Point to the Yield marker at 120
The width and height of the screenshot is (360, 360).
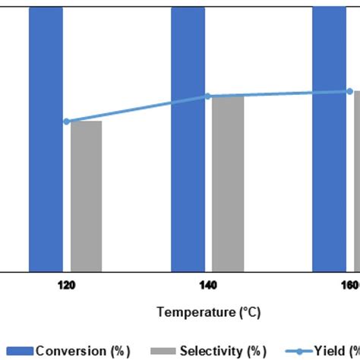pyautogui.click(x=66, y=121)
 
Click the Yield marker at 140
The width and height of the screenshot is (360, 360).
pyautogui.click(x=207, y=96)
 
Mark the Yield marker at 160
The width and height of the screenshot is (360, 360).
pyautogui.click(x=349, y=92)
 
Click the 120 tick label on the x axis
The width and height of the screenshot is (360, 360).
pyautogui.click(x=66, y=286)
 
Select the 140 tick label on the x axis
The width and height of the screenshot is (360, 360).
pyautogui.click(x=207, y=286)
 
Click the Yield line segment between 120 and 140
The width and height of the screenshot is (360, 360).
pyautogui.click(x=137, y=109)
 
